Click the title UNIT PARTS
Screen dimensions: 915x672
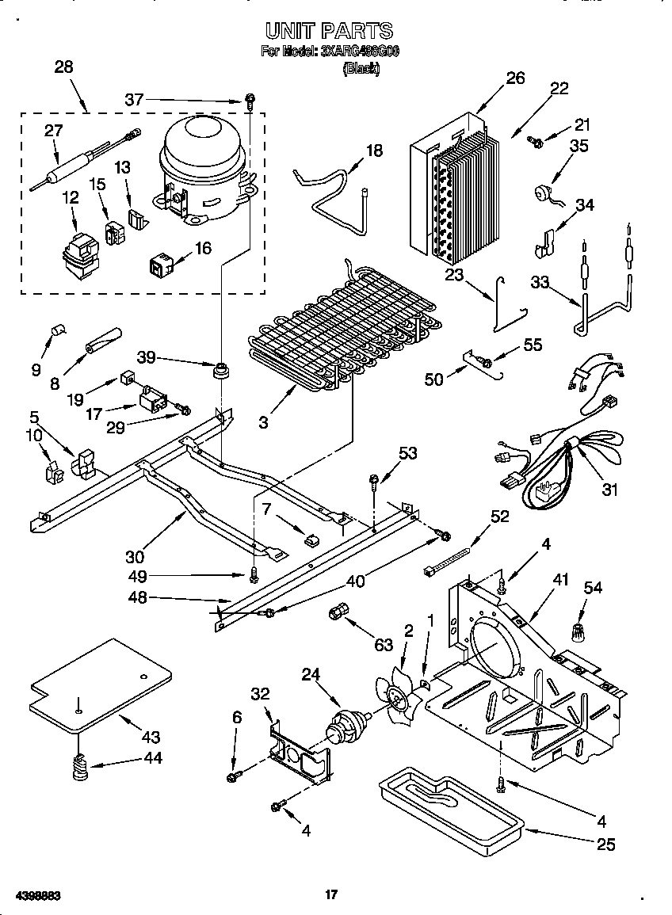pyautogui.click(x=328, y=31)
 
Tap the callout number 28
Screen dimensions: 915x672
pyautogui.click(x=63, y=67)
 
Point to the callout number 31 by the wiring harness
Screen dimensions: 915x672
pyautogui.click(x=609, y=490)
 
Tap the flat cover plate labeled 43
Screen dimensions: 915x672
pyautogui.click(x=99, y=681)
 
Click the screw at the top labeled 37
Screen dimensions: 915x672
pyautogui.click(x=250, y=101)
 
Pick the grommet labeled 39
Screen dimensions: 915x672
pyautogui.click(x=220, y=370)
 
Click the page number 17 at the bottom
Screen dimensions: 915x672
pyautogui.click(x=331, y=895)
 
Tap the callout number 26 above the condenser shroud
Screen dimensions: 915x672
pyautogui.click(x=515, y=78)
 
